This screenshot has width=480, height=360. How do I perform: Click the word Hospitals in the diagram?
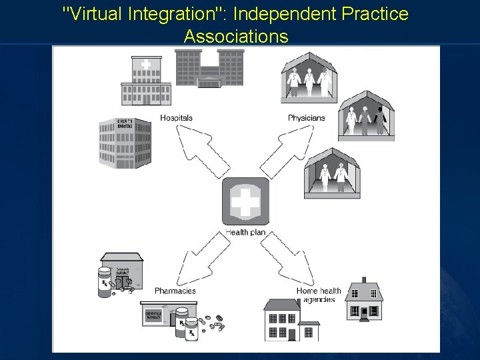click(x=176, y=118)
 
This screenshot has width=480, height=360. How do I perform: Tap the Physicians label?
click(x=306, y=118)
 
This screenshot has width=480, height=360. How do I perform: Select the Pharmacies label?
click(x=175, y=291)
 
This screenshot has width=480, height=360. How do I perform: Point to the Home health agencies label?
click(x=319, y=295)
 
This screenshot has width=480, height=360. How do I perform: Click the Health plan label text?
click(x=246, y=232)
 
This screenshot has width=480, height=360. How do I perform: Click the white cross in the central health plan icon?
click(x=246, y=201)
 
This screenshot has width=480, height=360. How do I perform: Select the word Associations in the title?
click(x=237, y=36)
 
